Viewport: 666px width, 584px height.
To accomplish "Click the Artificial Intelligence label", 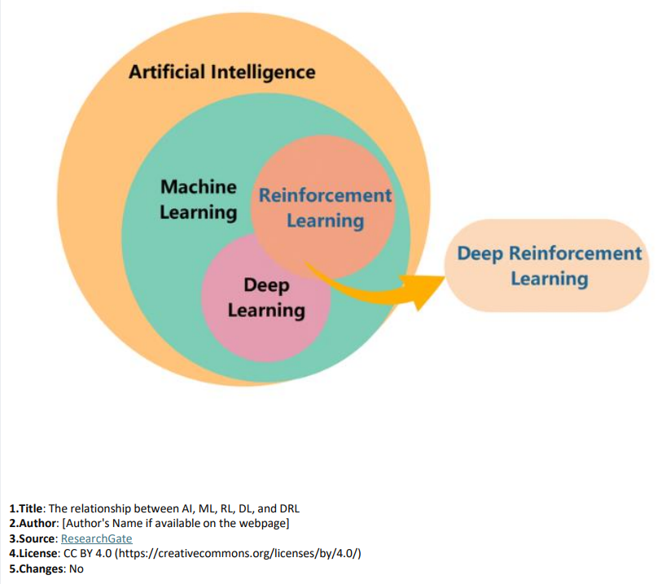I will point(221,72).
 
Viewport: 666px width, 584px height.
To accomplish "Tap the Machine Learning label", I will point(198,199).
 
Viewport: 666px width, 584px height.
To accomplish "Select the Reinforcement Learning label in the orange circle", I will point(325,208).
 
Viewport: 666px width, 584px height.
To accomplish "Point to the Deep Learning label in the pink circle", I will point(266,298).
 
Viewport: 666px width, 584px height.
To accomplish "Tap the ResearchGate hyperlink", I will point(96,538).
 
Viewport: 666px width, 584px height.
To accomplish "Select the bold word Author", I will point(35,523).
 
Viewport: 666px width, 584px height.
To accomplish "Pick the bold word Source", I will point(35,538).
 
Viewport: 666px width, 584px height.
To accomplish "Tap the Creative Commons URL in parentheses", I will point(238,553).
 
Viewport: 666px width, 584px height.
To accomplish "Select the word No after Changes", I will point(77,569).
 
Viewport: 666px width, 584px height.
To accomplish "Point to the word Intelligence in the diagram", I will point(263,72).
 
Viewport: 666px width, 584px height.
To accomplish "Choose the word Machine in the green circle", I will point(198,187).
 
